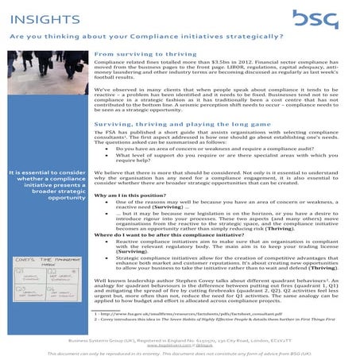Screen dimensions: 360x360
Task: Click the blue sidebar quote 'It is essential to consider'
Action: [x=47, y=172]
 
